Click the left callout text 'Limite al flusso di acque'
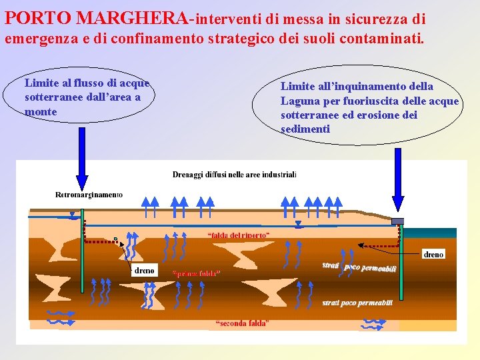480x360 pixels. click(87, 83)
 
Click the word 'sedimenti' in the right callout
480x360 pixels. click(305, 129)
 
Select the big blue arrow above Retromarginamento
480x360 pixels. click(82, 160)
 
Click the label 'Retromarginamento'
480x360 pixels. click(89, 195)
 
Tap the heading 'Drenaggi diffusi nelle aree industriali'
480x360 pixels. click(234, 175)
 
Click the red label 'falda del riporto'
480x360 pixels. click(238, 235)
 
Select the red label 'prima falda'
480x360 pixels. click(196, 273)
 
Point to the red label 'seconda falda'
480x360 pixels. click(242, 324)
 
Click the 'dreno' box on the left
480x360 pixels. click(144, 270)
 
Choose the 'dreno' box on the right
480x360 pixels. click(433, 254)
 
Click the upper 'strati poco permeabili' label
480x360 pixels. click(359, 267)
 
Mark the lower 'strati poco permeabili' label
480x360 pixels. click(357, 303)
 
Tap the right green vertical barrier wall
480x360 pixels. click(401, 263)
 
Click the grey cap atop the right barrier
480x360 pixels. click(397, 221)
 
